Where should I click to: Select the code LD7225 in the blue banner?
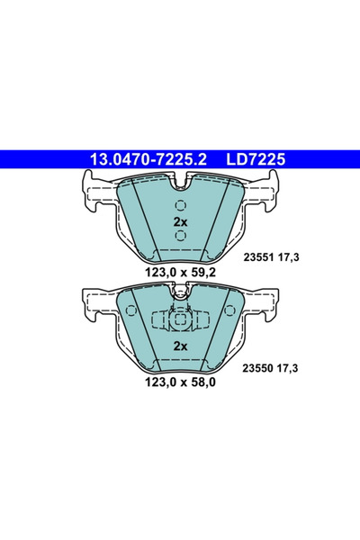coord(256,160)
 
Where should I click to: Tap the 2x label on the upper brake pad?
coord(179,222)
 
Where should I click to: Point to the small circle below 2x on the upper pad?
coord(179,237)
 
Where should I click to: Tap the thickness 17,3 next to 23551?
coord(292,256)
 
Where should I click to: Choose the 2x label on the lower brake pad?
coord(179,346)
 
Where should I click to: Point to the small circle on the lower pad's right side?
coord(228,312)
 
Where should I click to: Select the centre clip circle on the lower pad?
coord(179,320)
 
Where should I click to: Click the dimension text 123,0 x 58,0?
coord(179,382)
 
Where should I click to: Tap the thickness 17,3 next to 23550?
coord(292,368)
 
